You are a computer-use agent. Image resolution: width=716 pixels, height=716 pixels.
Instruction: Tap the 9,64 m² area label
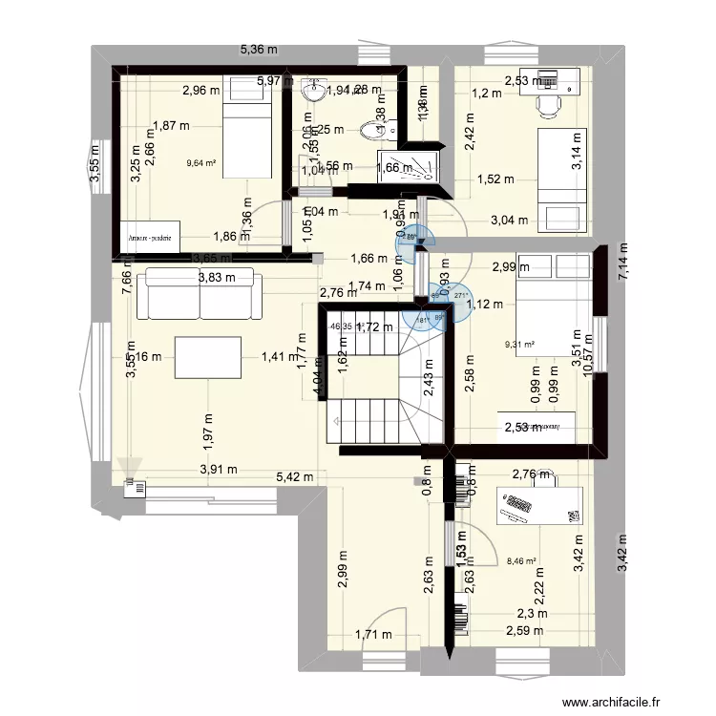click(x=202, y=162)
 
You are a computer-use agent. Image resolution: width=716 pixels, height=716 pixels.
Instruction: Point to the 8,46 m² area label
click(x=521, y=563)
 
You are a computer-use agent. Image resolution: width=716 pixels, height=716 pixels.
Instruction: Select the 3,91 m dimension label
click(x=218, y=469)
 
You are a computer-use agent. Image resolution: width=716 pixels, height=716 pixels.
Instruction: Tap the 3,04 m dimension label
click(x=508, y=221)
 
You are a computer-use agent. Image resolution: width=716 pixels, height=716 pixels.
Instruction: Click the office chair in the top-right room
click(x=548, y=106)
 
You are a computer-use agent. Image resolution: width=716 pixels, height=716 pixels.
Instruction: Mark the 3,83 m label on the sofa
click(x=216, y=279)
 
